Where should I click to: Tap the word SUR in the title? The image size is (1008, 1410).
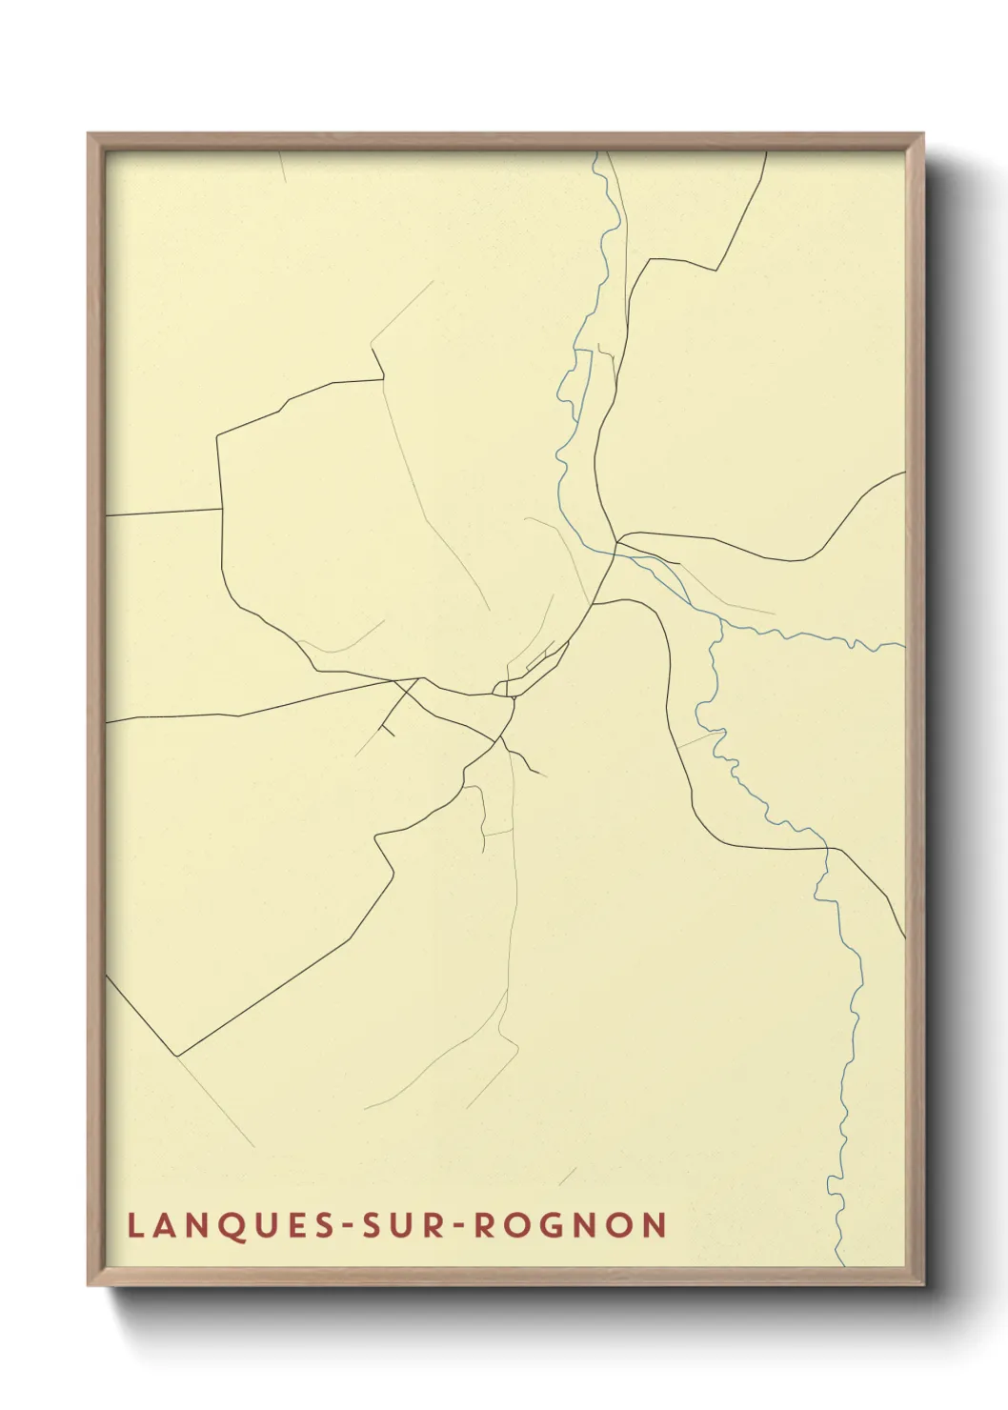tap(393, 1226)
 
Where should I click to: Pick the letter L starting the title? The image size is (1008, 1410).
tap(134, 1226)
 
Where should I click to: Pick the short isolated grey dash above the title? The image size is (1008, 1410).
tap(567, 1177)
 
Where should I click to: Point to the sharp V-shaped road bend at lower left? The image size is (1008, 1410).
tap(177, 1056)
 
